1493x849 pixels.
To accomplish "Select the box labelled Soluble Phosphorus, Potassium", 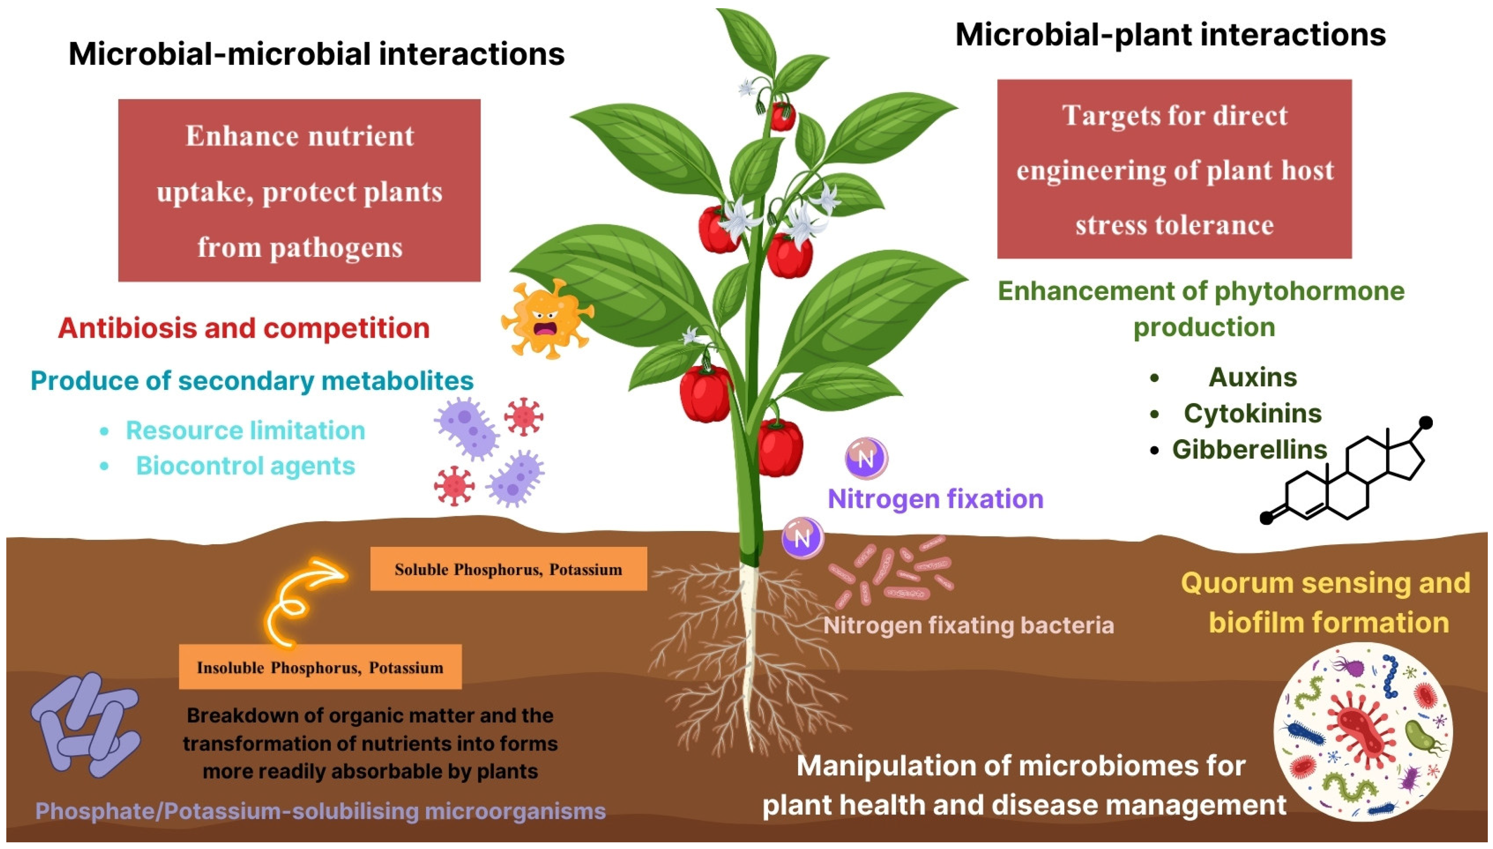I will click(x=508, y=569).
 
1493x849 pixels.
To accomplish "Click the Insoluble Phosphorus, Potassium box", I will click(x=320, y=667).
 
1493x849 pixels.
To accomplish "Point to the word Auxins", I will click(x=1252, y=377).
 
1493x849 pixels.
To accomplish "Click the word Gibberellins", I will click(x=1249, y=449).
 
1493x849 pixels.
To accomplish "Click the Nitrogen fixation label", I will click(x=935, y=499).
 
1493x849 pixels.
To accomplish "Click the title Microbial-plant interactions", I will click(x=1170, y=35).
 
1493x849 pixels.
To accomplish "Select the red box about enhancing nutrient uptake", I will click(x=299, y=191).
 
